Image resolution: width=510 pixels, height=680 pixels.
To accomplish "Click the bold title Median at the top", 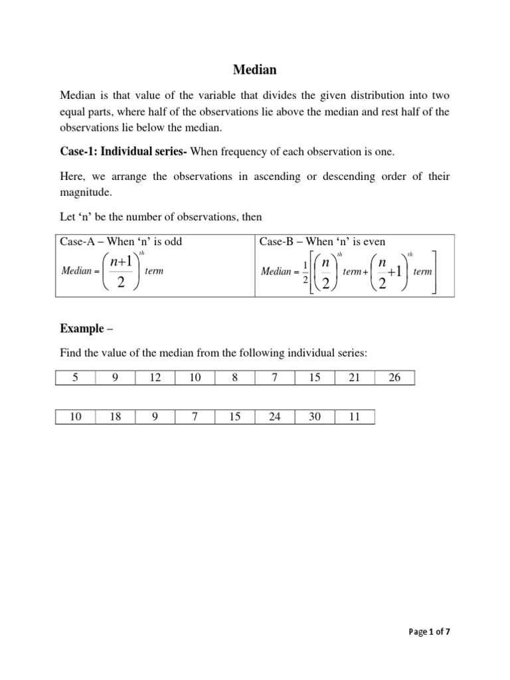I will tap(254, 69).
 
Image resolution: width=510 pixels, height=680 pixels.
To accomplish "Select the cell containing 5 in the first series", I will tap(75, 378).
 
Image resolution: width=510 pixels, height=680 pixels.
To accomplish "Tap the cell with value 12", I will tap(155, 378).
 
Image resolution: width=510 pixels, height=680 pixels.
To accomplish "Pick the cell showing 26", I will tap(394, 378).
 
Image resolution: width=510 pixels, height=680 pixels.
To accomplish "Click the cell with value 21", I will tap(355, 378).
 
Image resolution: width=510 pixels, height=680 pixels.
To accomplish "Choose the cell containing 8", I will tap(235, 378).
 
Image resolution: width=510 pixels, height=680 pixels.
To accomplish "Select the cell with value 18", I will tap(115, 417).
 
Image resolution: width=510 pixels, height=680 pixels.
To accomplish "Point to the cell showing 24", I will tap(275, 417).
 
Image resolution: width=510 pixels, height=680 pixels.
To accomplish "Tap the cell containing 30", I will tap(315, 417).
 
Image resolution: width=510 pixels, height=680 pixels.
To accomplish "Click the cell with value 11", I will tap(355, 417).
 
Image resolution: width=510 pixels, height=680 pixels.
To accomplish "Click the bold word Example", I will tap(82, 329).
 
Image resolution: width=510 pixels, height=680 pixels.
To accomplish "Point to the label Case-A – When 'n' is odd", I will tap(121, 242).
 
